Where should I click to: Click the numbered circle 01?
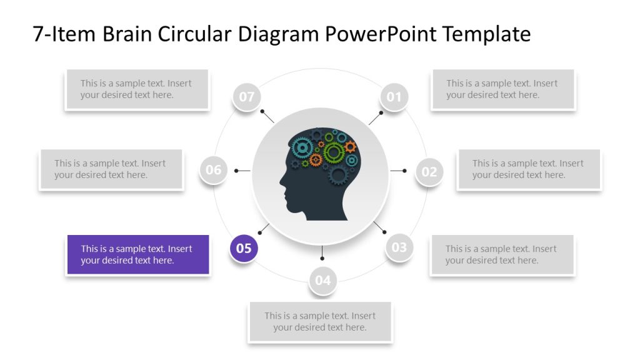coord(394,97)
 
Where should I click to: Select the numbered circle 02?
coord(429,171)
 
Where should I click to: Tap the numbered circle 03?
coord(399,247)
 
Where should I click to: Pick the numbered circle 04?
coord(322,280)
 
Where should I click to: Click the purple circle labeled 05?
coord(244,248)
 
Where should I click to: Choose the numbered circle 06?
coord(214,170)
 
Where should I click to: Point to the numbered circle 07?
coord(247,97)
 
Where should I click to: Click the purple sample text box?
coord(137,254)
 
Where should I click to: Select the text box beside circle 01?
coord(503,89)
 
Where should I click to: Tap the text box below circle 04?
coord(320,322)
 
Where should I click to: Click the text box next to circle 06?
coord(111,169)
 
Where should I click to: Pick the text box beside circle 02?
coord(529,169)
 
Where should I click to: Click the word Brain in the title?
coord(123,34)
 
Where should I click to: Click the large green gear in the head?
coord(334,151)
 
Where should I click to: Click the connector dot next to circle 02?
coord(404,171)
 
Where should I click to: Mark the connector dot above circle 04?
coord(322,257)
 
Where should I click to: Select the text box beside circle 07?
coord(137,89)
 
